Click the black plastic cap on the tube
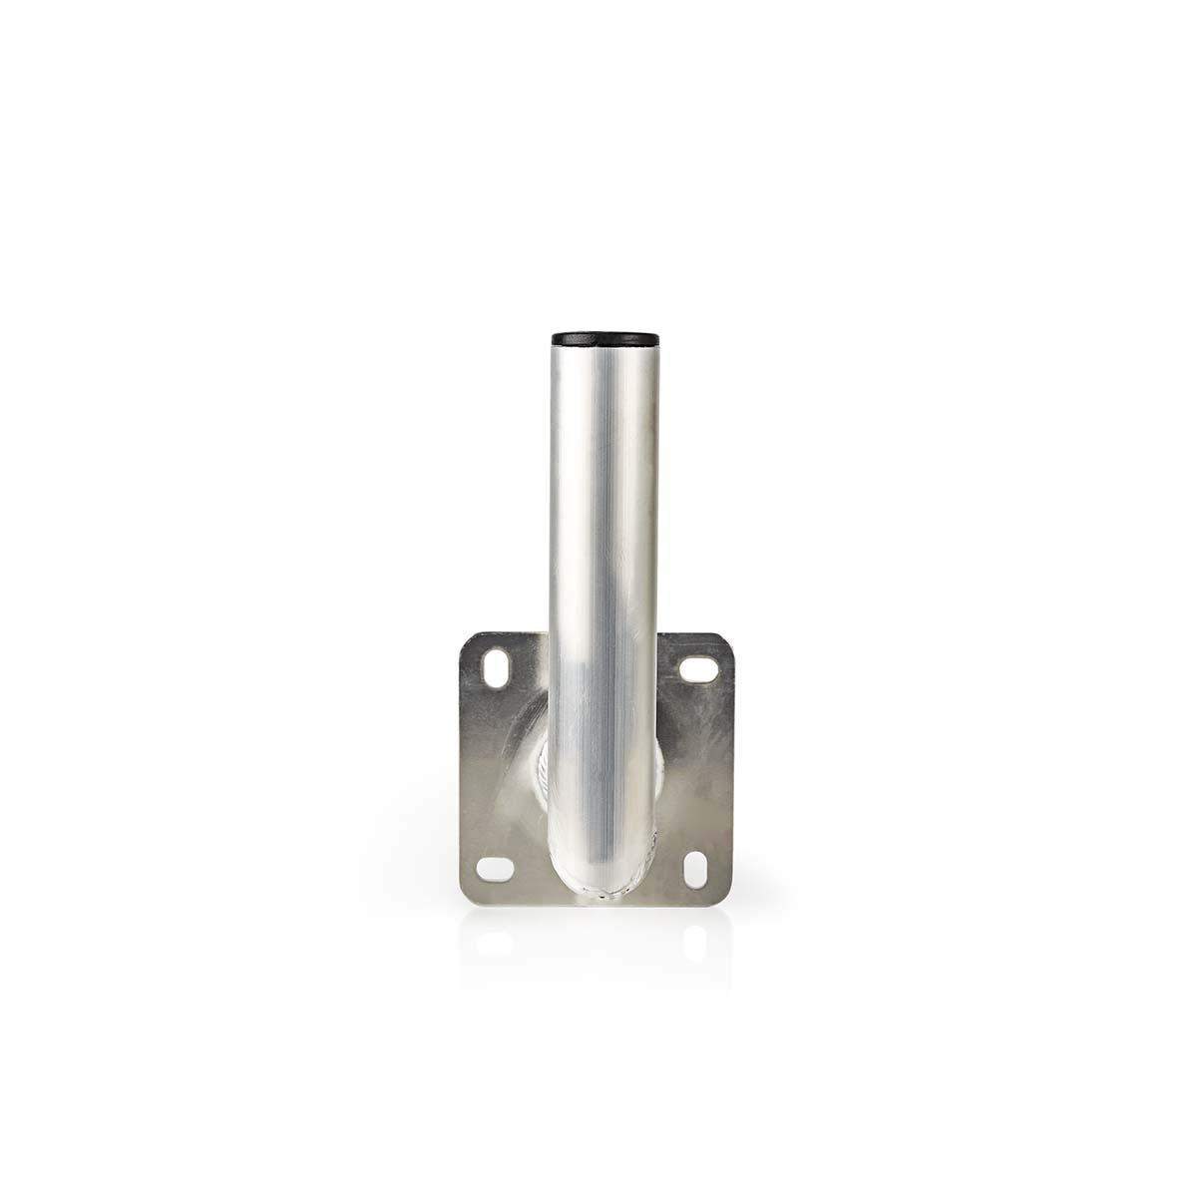pos(600,339)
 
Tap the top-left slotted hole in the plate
pos(496,667)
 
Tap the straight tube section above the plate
pos(598,499)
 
